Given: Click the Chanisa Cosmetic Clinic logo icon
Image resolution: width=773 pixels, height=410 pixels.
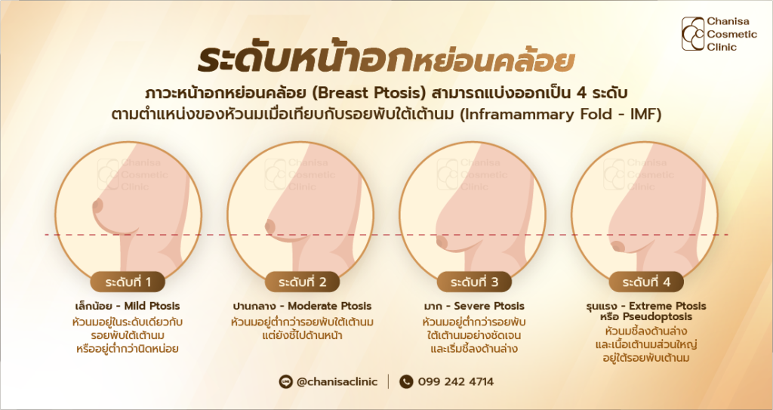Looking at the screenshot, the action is [693, 33].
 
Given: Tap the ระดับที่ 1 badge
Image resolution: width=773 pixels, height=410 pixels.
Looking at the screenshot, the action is [128, 282].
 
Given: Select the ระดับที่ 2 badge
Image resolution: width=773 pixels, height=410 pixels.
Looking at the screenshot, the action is [302, 282].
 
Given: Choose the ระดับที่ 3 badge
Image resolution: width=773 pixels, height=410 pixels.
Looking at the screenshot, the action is [474, 282].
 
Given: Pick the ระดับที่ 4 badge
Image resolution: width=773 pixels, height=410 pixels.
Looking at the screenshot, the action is [646, 282].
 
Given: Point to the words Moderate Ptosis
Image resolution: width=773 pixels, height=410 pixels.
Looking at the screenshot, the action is [329, 307].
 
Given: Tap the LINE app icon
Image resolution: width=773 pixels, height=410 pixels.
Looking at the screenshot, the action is [286, 381].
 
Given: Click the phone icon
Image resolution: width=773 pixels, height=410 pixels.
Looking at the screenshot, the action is [406, 381].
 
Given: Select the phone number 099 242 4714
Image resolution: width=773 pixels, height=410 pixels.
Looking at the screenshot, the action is [455, 381].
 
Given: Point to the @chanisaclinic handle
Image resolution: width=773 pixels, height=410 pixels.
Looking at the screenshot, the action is [337, 381].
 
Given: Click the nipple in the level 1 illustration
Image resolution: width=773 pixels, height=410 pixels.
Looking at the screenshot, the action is [97, 205].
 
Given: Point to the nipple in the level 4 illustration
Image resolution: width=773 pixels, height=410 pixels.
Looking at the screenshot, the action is [617, 247].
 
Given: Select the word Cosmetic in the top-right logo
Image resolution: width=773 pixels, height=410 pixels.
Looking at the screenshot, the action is [732, 34].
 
